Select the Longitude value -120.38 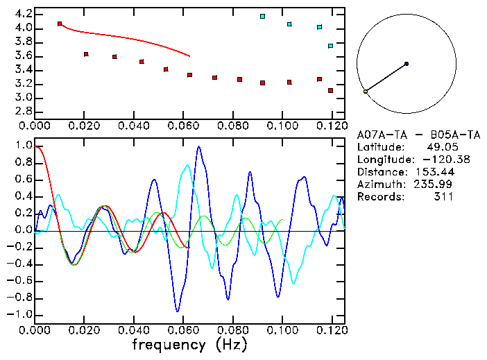pos(434,160)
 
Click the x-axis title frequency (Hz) pos(189,345)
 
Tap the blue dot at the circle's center pos(407,64)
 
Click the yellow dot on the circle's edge pos(366,92)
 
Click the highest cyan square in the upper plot pos(262,16)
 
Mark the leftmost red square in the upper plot pos(60,24)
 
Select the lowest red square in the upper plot pos(331,91)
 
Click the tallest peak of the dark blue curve pos(199,147)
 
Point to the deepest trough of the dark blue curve pos(178,311)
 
